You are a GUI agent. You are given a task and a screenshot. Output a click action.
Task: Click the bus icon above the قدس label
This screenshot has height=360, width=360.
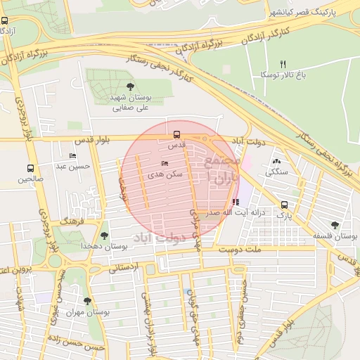176,134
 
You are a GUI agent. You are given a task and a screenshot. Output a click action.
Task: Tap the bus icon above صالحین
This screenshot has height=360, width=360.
30,168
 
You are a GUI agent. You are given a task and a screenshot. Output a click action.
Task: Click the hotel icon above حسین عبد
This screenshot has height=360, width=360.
72,155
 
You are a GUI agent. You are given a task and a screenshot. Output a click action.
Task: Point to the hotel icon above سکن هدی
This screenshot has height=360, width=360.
165,163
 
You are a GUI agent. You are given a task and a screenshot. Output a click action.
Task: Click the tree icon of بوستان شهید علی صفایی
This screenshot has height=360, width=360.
130,86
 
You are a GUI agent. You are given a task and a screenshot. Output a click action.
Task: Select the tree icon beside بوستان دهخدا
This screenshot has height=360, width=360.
105,235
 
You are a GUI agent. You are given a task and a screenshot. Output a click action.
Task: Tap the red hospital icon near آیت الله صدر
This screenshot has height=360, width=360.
235,201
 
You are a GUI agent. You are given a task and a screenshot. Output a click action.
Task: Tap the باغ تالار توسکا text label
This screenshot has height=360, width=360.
283,74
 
